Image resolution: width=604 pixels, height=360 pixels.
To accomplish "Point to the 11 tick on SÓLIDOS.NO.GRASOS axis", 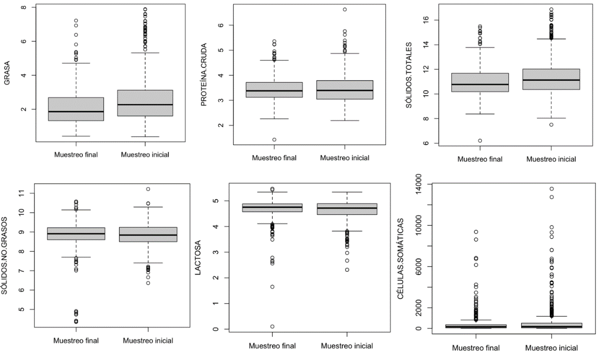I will coord(22,193).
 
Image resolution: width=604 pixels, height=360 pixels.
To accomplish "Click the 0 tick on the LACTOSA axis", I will coord(215,329).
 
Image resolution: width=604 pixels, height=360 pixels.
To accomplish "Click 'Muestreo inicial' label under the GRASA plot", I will coord(145,155).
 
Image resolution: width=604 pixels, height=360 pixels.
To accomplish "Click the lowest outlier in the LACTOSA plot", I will coord(272,326).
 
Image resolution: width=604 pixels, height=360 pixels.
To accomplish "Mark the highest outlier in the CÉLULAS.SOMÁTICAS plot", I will coord(551,189).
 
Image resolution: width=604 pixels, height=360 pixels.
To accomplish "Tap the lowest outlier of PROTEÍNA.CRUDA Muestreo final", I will coord(274,140).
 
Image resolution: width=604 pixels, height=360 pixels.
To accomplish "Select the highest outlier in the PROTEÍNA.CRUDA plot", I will coord(345,9).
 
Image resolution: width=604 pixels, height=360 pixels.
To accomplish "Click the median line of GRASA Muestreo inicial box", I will coord(145,104).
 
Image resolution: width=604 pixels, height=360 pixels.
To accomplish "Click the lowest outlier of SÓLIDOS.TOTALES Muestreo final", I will coord(480,141).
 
